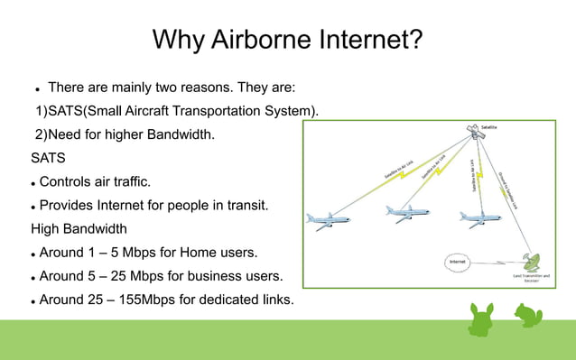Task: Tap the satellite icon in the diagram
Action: click(x=473, y=132)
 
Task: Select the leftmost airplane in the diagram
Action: click(x=327, y=220)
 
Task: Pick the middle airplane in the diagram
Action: click(x=406, y=214)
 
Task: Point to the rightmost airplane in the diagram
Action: click(x=478, y=218)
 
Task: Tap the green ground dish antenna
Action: click(x=535, y=261)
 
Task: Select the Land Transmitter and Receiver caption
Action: click(x=531, y=277)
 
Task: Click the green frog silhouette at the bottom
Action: click(x=526, y=315)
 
